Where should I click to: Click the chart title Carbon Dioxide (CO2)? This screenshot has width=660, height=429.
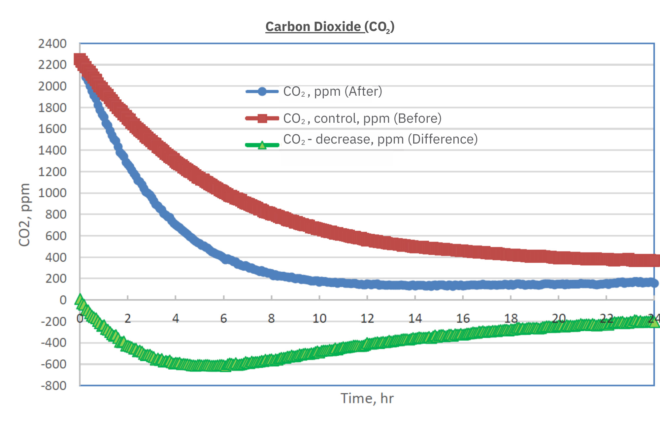pyautogui.click(x=330, y=27)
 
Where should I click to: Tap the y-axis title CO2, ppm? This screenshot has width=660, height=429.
pyautogui.click(x=24, y=214)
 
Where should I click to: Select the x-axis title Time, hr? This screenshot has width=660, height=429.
pyautogui.click(x=367, y=398)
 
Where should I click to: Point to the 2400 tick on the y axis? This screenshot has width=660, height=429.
pyautogui.click(x=52, y=44)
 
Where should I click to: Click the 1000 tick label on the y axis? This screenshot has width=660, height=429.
pyautogui.click(x=52, y=193)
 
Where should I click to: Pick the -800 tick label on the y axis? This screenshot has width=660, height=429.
pyautogui.click(x=53, y=385)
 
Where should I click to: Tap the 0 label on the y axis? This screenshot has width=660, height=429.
pyautogui.click(x=63, y=300)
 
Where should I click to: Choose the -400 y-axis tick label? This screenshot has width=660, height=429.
pyautogui.click(x=53, y=343)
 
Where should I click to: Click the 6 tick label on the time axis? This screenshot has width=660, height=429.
pyautogui.click(x=223, y=318)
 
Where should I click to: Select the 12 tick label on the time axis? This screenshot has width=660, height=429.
pyautogui.click(x=367, y=318)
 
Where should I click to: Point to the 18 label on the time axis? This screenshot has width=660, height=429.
pyautogui.click(x=511, y=318)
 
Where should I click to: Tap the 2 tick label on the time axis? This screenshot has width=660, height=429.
pyautogui.click(x=128, y=318)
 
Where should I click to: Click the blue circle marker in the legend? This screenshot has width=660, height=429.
pyautogui.click(x=262, y=91)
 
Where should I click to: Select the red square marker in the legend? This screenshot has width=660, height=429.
pyautogui.click(x=262, y=118)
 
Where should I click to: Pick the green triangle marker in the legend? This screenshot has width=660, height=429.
pyautogui.click(x=262, y=145)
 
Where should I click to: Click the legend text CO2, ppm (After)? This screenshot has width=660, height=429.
pyautogui.click(x=333, y=91)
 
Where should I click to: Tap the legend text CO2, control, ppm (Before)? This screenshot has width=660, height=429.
pyautogui.click(x=362, y=118)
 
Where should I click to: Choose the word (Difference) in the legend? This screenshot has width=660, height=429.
pyautogui.click(x=443, y=139)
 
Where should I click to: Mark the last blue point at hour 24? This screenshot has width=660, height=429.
pyautogui.click(x=654, y=283)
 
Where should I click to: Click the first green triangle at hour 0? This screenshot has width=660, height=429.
pyautogui.click(x=80, y=300)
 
